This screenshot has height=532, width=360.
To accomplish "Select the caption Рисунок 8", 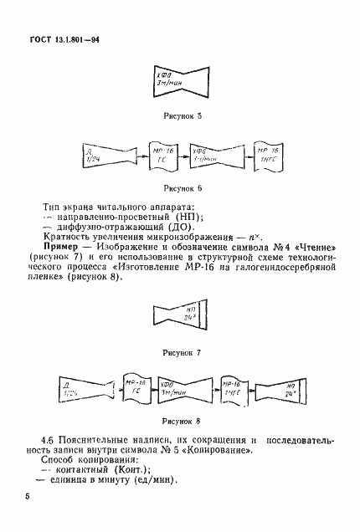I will pyautogui.click(x=181, y=422).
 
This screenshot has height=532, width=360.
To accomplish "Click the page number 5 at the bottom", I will pyautogui.click(x=28, y=499).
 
